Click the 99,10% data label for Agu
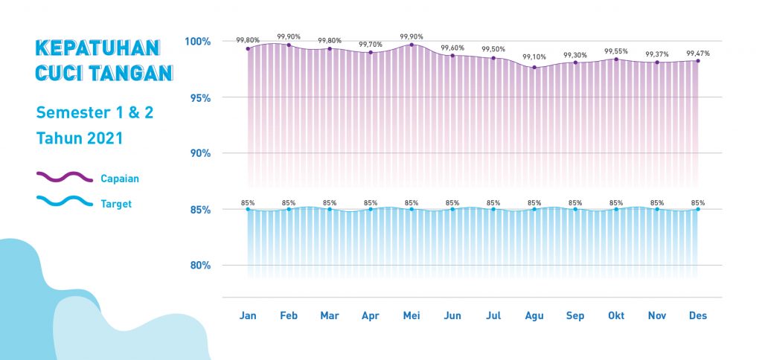[x=534, y=57]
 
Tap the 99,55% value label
[x=616, y=51]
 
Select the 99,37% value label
[x=657, y=54]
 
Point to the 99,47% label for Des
[x=698, y=54]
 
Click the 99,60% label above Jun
[x=452, y=48]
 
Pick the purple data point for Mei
[x=412, y=45]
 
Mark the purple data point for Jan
[x=248, y=48]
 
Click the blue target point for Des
[x=698, y=210]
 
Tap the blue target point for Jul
[x=493, y=210]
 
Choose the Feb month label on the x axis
[x=289, y=315]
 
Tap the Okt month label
[x=616, y=315]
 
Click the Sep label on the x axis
[x=575, y=315]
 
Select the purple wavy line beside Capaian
[x=64, y=177]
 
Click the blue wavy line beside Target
[x=64, y=202]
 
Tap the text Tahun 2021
[x=79, y=138]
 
